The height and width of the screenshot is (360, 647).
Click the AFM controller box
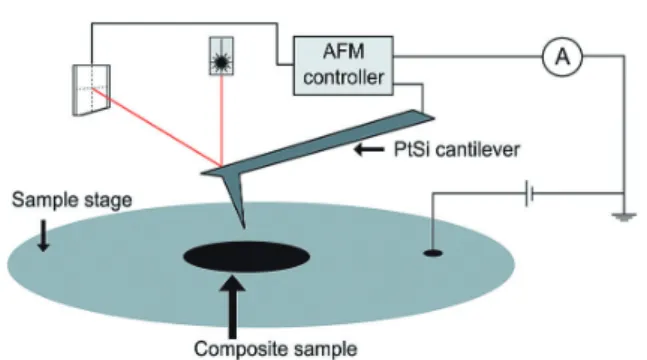click(x=343, y=66)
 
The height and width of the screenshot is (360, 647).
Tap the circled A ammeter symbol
click(x=562, y=57)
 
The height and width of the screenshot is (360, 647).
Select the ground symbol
click(x=623, y=217)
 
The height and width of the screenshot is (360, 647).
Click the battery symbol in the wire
click(x=529, y=193)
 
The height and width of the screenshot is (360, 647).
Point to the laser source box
click(x=222, y=56)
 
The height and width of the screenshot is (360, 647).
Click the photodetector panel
click(x=91, y=90)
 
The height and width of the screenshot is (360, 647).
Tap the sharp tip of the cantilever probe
click(x=244, y=227)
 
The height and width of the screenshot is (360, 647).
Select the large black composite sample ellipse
click(x=246, y=256)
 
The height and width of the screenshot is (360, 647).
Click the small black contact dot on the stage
click(x=433, y=253)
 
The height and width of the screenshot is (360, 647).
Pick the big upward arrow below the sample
click(x=233, y=307)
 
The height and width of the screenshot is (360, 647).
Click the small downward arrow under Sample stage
click(x=43, y=235)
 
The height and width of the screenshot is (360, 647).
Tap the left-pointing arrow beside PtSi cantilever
click(x=369, y=149)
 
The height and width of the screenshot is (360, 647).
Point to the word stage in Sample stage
click(x=108, y=201)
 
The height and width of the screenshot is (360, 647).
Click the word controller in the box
click(x=343, y=77)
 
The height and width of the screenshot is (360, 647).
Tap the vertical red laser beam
click(x=222, y=121)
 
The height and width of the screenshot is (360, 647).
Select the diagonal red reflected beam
click(x=157, y=127)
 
